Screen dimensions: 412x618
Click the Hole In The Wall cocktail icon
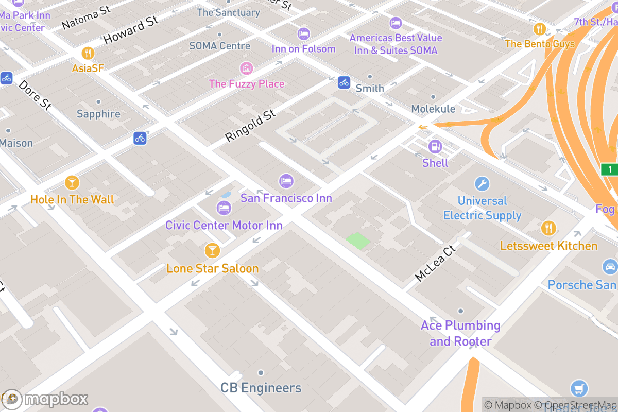coord(72,182)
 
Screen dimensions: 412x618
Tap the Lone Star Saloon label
coord(212,268)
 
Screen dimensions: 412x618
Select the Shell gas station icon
coord(435,147)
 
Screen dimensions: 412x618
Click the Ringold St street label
coord(251,126)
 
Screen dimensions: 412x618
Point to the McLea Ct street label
coord(435,263)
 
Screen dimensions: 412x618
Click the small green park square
coord(358,241)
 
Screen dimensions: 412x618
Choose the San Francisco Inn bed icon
coord(286,181)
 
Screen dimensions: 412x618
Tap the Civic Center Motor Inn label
coord(224,225)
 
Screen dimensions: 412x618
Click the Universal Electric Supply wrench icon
coord(482,184)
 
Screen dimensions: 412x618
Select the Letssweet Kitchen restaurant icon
coord(548,228)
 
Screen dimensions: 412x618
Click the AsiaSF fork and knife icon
coord(88,53)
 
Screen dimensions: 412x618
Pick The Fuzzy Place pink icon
coord(246,67)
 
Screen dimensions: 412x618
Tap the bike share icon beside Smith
coord(344,82)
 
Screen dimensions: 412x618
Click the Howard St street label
coord(130,30)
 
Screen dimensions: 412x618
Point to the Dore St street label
coord(35,94)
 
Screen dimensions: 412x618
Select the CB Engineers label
coord(261,388)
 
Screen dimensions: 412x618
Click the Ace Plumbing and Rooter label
coord(460,333)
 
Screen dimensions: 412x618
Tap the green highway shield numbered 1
coord(610,169)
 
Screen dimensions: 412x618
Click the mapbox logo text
coord(56,399)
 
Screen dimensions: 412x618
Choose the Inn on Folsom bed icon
coord(304,34)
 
